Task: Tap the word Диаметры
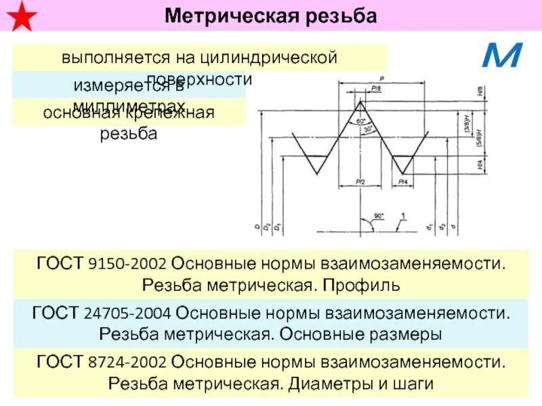click(323, 384)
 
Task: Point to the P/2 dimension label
click(359, 182)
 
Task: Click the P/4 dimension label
click(403, 182)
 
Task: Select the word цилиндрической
click(280, 57)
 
